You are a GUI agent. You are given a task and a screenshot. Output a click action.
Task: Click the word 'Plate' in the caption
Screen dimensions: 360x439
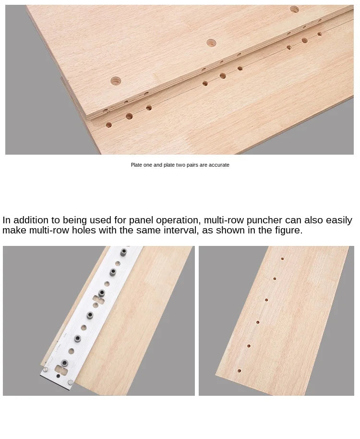(136, 165)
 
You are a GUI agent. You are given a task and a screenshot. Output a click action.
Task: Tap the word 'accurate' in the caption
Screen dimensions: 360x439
(219, 165)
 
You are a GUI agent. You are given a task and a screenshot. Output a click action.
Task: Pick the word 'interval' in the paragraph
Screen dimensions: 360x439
(181, 231)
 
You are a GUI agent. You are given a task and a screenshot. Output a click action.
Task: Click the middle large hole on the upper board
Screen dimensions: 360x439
(211, 43)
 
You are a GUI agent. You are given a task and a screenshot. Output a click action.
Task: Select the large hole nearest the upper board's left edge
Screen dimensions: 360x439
(116, 81)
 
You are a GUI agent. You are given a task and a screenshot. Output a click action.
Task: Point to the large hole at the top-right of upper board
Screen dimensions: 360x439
(294, 9)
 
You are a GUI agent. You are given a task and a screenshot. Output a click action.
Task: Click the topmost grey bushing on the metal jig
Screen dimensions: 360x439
(123, 252)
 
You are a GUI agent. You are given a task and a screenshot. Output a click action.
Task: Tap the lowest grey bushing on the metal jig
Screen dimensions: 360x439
(65, 363)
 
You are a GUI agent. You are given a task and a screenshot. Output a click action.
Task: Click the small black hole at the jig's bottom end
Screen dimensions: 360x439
(58, 376)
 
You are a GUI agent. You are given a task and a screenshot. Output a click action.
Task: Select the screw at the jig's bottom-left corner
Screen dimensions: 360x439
(45, 369)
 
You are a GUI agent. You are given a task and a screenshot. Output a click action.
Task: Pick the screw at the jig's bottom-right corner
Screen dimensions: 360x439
(71, 382)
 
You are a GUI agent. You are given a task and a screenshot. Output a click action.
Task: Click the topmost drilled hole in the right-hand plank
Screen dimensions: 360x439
(282, 259)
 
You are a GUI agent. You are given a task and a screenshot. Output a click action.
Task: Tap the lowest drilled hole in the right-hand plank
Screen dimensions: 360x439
(239, 371)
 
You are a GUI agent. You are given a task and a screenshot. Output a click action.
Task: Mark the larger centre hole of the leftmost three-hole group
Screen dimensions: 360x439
(129, 116)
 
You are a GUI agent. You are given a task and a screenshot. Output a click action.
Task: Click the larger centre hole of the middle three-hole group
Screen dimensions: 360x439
(223, 75)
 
